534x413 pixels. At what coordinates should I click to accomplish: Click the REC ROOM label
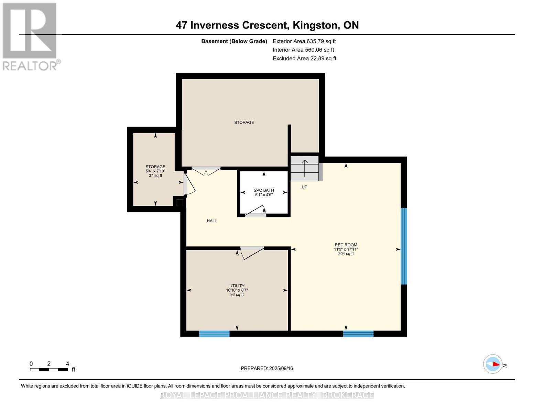pyautogui.click(x=346, y=245)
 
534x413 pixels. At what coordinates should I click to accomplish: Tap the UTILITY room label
pyautogui.click(x=237, y=286)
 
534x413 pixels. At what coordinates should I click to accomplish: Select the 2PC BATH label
pyautogui.click(x=264, y=190)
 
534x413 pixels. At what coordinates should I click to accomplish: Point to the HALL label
pyautogui.click(x=211, y=221)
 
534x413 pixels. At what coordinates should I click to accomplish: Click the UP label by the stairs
pyautogui.click(x=304, y=187)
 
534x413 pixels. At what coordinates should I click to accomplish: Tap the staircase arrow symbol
pyautogui.click(x=305, y=168)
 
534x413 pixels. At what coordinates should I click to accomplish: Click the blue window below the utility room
pyautogui.click(x=214, y=333)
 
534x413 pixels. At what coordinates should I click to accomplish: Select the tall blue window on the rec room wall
pyautogui.click(x=404, y=246)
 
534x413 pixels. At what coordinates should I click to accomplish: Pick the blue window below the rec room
pyautogui.click(x=358, y=333)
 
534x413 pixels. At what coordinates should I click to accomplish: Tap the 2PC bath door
pyautogui.click(x=256, y=211)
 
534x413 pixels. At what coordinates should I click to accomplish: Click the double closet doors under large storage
pyautogui.click(x=206, y=171)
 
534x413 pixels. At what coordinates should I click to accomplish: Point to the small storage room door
pyautogui.click(x=189, y=183)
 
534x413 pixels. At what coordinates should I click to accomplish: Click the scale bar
pyautogui.click(x=49, y=369)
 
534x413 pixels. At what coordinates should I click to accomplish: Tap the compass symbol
pyautogui.click(x=492, y=364)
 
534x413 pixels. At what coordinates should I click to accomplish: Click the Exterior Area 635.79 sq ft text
pyautogui.click(x=304, y=41)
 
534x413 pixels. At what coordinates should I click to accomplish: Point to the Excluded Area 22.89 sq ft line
pyautogui.click(x=304, y=59)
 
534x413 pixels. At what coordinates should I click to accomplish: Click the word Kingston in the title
pyautogui.click(x=315, y=25)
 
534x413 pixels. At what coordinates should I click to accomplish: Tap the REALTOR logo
pyautogui.click(x=31, y=37)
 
